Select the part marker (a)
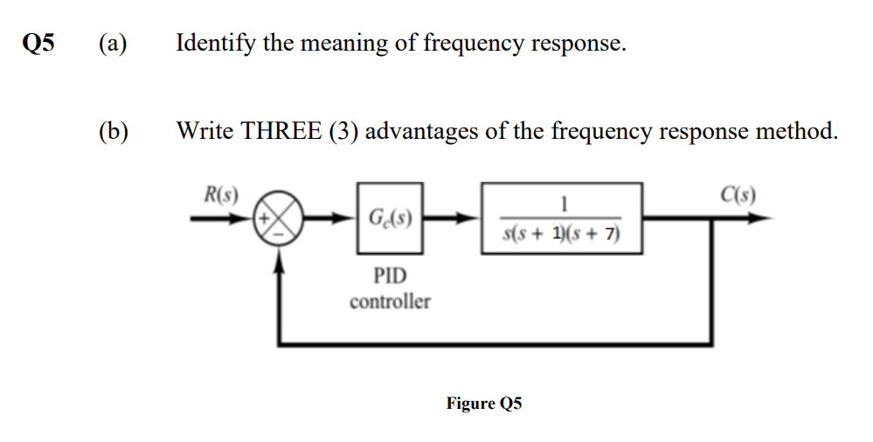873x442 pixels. (112, 44)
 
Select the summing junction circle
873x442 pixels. (279, 218)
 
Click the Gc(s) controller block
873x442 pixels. (390, 217)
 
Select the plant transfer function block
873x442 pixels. (561, 218)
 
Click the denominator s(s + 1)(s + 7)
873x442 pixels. (561, 233)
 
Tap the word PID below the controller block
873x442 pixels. (390, 276)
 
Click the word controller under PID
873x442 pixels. (390, 301)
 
